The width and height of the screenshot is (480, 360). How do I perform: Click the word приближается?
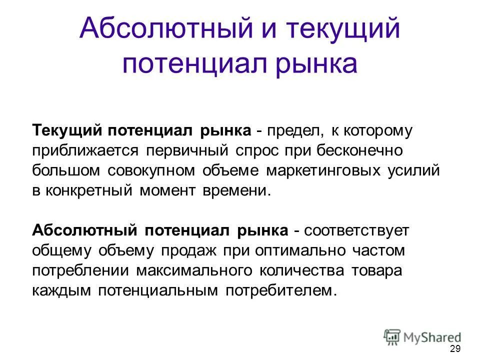86,151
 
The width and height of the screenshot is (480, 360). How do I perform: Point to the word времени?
234,190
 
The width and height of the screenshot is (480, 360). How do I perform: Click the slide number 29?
455,349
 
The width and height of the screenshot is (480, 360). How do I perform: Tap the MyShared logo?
422,336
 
